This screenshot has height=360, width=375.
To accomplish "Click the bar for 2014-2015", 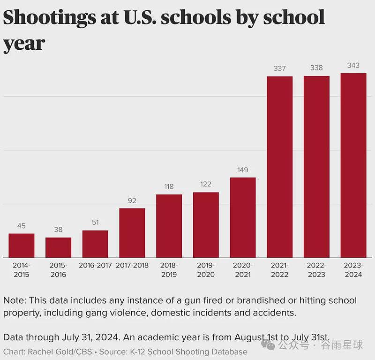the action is [x=22, y=245].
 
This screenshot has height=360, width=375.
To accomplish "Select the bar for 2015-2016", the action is [x=58, y=248].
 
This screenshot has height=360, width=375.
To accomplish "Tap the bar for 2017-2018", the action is [x=132, y=233].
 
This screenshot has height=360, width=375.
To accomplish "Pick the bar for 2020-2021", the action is [x=243, y=218].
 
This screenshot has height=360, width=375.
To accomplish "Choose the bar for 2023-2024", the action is [x=353, y=166].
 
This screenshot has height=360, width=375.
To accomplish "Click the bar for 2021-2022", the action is [x=279, y=167].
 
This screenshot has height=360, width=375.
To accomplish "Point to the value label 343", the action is [x=353, y=65].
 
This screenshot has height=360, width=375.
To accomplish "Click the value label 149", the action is [x=243, y=170].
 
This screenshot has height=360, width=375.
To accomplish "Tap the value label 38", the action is [x=58, y=230].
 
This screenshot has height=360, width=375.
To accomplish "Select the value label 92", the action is [x=132, y=200].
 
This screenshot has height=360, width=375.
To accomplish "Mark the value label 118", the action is [x=169, y=187].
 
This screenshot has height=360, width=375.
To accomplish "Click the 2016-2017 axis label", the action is [x=95, y=265].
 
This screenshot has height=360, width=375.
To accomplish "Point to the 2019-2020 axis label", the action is [x=206, y=270].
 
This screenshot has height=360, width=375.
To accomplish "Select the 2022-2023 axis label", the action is [x=317, y=270].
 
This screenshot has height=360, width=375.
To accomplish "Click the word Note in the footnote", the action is [x=15, y=300].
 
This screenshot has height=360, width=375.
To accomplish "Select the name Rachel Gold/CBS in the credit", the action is [x=60, y=352].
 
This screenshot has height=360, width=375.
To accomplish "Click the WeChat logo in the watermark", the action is [x=268, y=345].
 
